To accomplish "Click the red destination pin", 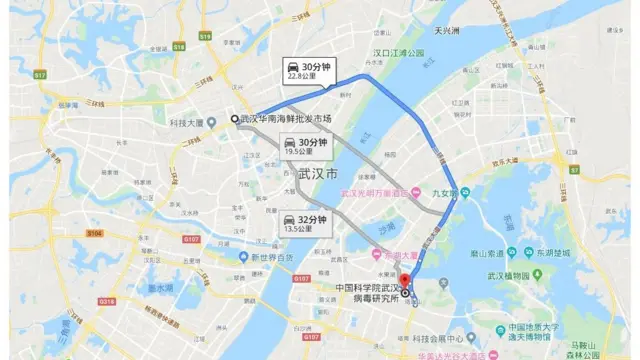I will [x=405, y=281].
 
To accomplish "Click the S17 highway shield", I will [x=40, y=74].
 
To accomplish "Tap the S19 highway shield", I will [x=205, y=35].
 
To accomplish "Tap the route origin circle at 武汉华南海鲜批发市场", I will [x=235, y=119].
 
